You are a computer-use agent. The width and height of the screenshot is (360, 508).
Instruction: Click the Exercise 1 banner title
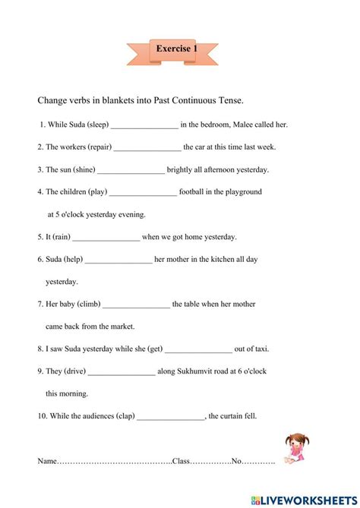pos(177,49)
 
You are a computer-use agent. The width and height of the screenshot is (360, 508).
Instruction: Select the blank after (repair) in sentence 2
pos(147,148)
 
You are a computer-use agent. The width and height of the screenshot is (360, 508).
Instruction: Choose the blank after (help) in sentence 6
pos(118,260)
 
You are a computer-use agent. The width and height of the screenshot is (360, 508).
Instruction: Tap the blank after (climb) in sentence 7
pos(136,304)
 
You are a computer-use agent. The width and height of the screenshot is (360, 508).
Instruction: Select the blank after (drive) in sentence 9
pos(122,372)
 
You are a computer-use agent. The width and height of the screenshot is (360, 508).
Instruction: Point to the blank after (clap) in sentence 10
pos(171,417)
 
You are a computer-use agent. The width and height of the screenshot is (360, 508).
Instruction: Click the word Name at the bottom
pos(47,461)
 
